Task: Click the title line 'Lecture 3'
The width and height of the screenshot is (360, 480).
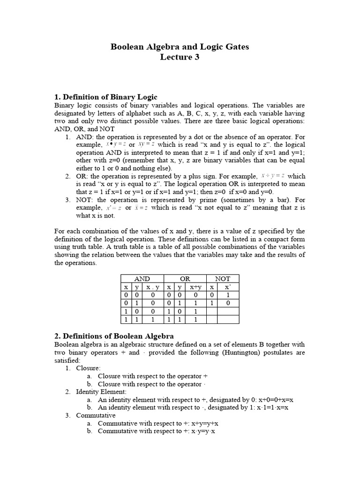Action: point(180,57)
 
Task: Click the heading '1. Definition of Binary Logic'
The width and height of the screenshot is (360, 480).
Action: point(106,97)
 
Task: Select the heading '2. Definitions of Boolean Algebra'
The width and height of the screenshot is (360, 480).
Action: point(114,336)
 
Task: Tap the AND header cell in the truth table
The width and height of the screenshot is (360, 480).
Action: point(142,278)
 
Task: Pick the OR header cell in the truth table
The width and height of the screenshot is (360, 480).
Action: point(185,278)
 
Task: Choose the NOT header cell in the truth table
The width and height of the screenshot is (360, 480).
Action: point(223,278)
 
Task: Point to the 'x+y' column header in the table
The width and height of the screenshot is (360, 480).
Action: point(195,287)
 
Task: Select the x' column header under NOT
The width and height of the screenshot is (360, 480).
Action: point(227,287)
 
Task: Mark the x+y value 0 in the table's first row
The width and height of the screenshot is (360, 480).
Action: point(195,295)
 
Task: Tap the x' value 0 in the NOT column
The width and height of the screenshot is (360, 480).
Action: point(227,303)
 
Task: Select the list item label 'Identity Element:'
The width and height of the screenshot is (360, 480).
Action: point(101,392)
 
